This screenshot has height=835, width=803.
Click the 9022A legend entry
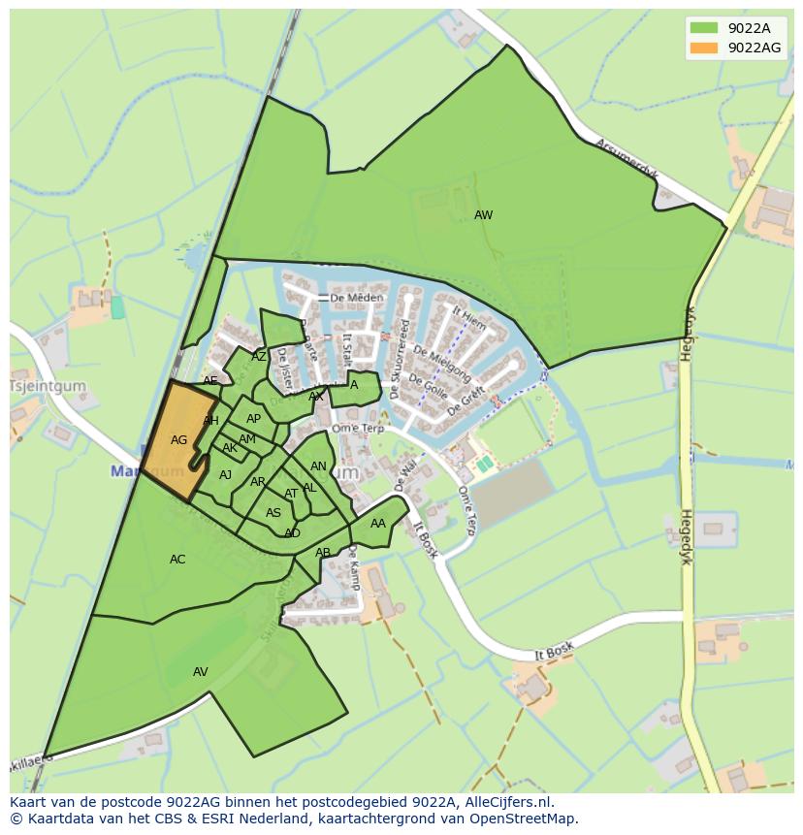[749, 28]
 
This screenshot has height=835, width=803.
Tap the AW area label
[483, 215]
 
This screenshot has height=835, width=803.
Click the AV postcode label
[201, 672]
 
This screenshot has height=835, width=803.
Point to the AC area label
[177, 560]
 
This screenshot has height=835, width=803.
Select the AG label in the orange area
[178, 440]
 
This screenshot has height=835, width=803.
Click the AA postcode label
[378, 524]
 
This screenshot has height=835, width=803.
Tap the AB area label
[323, 553]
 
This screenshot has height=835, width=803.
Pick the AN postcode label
[318, 466]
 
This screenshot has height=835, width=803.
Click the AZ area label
[259, 357]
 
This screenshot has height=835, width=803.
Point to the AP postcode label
[253, 419]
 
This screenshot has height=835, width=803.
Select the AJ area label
[225, 475]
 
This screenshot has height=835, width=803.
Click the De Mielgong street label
[442, 364]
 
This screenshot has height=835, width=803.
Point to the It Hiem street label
[468, 319]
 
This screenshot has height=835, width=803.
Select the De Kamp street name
[354, 567]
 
